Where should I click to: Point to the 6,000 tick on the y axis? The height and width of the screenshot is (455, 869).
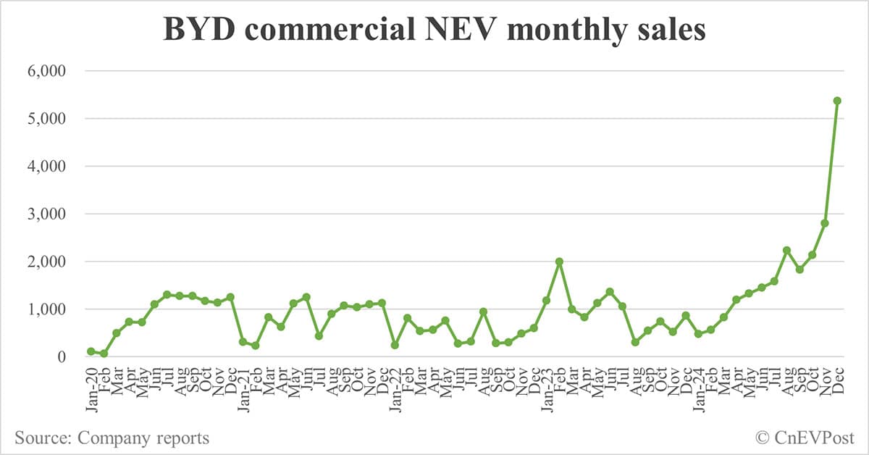(45, 71)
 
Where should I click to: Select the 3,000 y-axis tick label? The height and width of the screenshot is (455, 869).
(45, 214)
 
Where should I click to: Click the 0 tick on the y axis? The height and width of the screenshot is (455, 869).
(61, 356)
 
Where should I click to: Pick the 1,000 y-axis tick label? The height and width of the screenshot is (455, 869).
(45, 309)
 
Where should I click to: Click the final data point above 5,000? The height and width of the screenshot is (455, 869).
(837, 101)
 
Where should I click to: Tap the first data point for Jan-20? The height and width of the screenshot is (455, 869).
(91, 351)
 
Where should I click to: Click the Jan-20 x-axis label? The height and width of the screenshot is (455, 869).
(91, 384)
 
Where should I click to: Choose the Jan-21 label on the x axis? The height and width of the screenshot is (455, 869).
(243, 384)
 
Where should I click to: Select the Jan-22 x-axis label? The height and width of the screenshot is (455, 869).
(395, 384)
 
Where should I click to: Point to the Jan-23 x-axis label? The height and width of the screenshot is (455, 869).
(547, 384)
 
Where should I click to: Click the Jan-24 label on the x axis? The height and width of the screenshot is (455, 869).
(698, 384)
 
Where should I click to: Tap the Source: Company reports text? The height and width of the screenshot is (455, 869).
(112, 438)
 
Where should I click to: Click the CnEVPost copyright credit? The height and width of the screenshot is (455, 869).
(805, 438)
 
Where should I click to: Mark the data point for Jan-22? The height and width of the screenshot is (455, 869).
(395, 345)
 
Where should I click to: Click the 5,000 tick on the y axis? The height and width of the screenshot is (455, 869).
(45, 119)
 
